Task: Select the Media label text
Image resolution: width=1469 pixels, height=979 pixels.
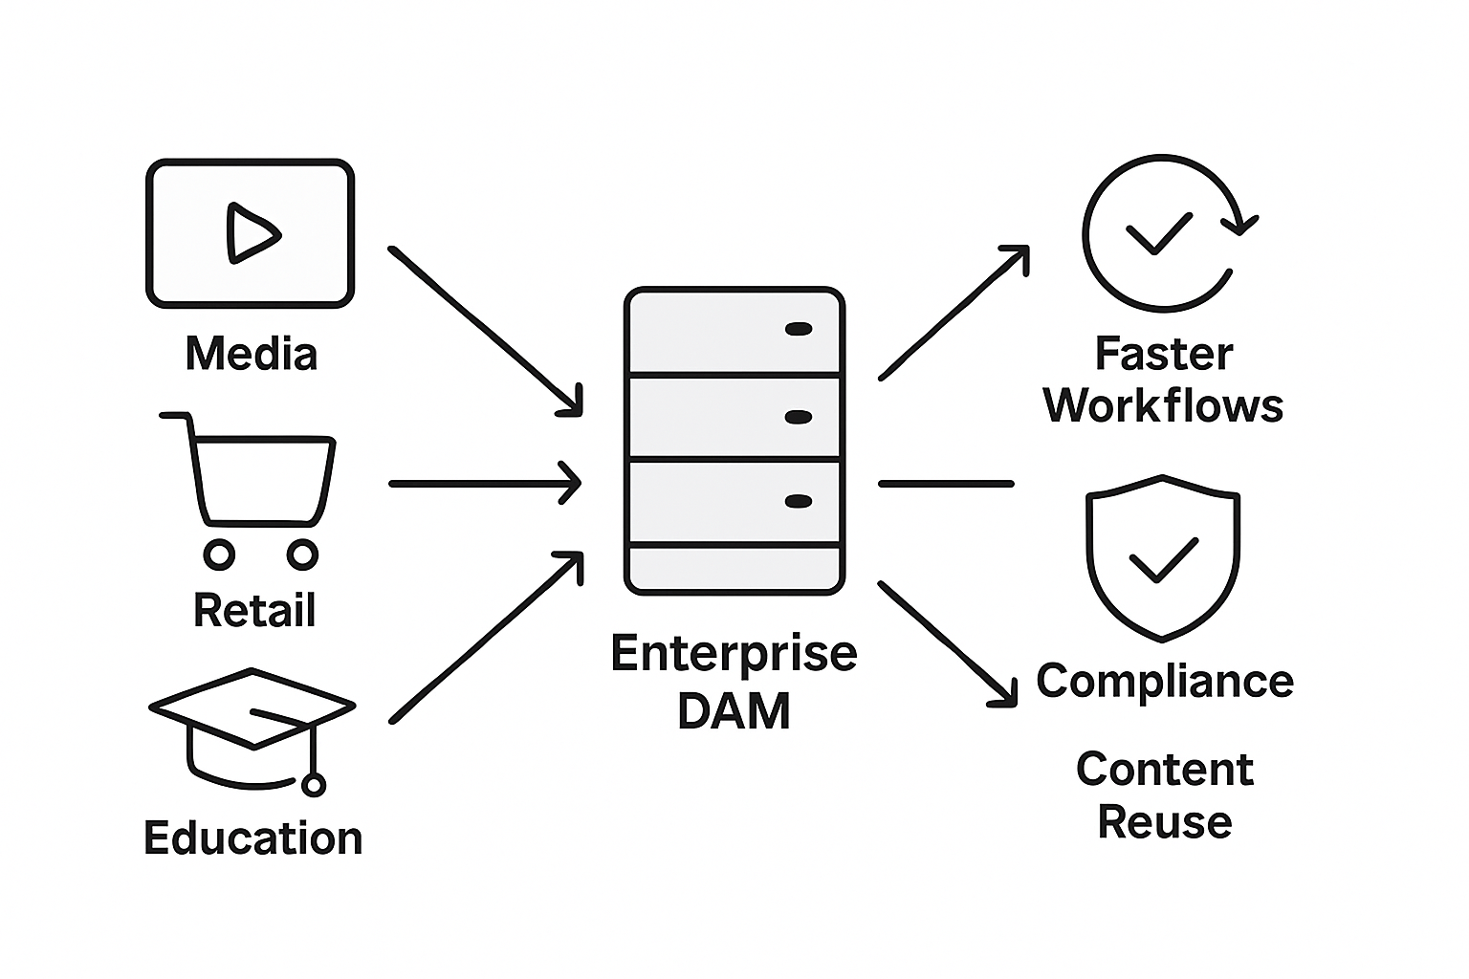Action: tap(251, 355)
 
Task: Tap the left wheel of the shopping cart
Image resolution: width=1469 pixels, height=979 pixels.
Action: tap(219, 554)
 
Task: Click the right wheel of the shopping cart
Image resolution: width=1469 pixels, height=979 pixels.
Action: tap(302, 554)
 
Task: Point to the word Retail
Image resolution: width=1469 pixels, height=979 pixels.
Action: tap(254, 611)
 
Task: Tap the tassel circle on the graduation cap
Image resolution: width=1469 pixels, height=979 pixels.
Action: tap(313, 785)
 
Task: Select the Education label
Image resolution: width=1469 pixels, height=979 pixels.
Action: tap(253, 838)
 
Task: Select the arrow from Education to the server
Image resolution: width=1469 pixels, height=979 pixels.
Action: tap(486, 637)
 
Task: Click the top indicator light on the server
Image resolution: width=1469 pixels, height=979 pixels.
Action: tap(798, 329)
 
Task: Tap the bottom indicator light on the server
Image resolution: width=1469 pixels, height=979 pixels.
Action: tap(798, 501)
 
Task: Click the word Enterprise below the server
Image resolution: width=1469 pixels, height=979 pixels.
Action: tap(734, 654)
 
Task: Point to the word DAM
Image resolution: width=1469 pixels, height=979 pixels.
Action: tap(734, 711)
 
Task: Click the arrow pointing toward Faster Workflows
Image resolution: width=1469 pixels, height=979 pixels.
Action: tap(954, 312)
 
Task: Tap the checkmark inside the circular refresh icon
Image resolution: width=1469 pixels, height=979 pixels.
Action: tap(1158, 232)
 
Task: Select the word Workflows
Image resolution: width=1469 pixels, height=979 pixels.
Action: tap(1163, 406)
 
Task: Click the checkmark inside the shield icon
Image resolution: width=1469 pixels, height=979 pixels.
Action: tap(1163, 559)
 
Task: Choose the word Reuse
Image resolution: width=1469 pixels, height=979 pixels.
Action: tap(1164, 822)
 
